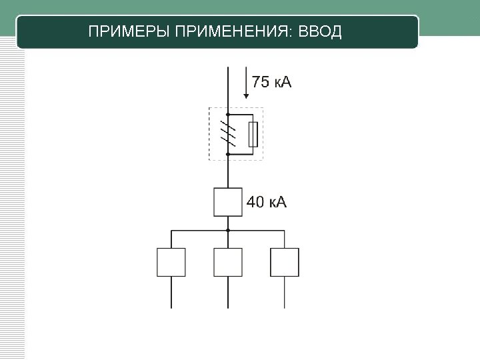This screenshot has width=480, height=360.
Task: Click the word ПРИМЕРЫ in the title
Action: point(129,32)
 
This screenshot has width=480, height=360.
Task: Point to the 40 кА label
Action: point(267,202)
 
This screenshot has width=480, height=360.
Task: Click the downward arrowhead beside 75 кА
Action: point(246,95)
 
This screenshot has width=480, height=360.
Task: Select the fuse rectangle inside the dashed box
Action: point(253,134)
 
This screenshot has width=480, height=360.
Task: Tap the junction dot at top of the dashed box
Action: point(228,115)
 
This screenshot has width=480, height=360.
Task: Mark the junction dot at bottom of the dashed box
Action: point(228,154)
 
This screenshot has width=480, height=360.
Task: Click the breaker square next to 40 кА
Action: point(228,202)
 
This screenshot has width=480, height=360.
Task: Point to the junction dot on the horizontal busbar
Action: point(228,230)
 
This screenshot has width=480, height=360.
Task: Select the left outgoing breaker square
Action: point(171,262)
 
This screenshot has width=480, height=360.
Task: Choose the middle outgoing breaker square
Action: point(228,262)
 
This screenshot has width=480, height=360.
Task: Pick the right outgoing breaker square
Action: point(285,262)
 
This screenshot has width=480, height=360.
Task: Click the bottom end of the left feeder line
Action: point(171,307)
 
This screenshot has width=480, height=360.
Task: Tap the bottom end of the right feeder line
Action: point(285,307)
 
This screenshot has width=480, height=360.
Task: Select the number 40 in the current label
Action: point(256,202)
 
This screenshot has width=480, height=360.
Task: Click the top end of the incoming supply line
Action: point(228,67)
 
